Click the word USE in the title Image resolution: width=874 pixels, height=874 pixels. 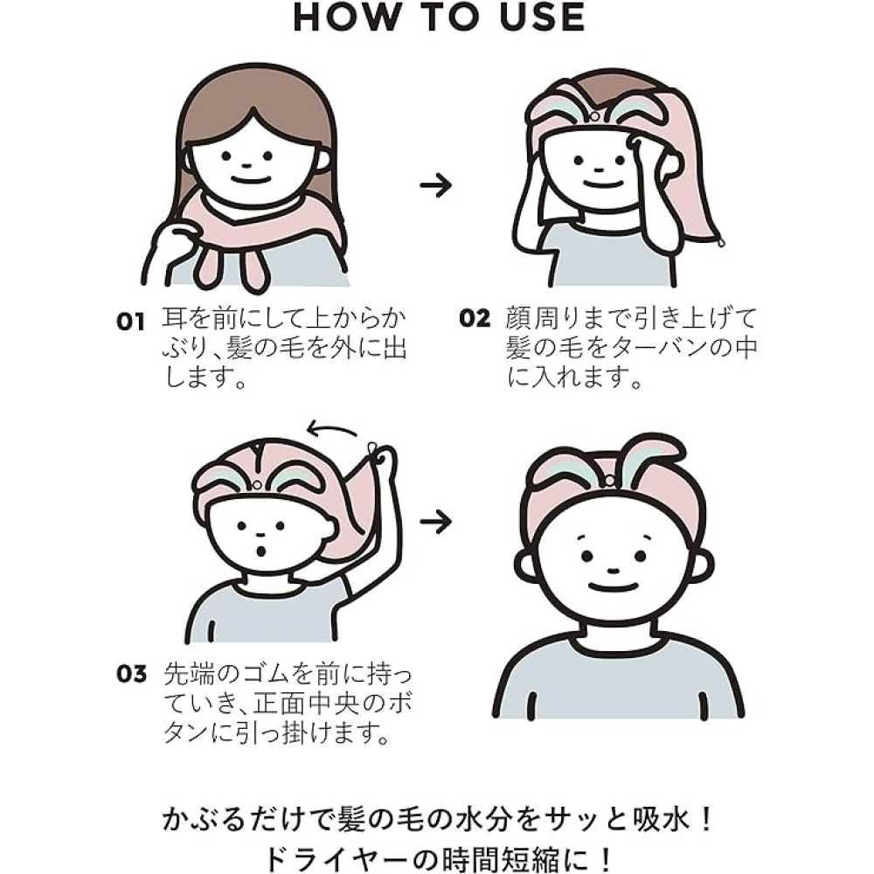tap(542, 17)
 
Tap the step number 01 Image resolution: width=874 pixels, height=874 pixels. tap(130, 322)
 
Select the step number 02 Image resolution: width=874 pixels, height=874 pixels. tap(475, 318)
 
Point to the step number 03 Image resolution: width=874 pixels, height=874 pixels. tap(132, 673)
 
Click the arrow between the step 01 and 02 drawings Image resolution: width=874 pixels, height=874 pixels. tap(435, 185)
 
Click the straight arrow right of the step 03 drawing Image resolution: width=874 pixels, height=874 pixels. tap(435, 522)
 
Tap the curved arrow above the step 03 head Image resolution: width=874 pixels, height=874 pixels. tap(332, 430)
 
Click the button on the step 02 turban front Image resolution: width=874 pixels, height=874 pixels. tap(594, 116)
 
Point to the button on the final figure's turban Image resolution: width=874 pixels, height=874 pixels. tap(610, 480)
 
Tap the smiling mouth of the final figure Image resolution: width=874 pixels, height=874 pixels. tap(612, 587)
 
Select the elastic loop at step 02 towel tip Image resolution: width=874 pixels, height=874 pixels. tap(721, 242)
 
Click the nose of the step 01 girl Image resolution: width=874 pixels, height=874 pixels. tap(246, 164)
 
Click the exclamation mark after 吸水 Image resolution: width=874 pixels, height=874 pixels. tap(704, 821)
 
